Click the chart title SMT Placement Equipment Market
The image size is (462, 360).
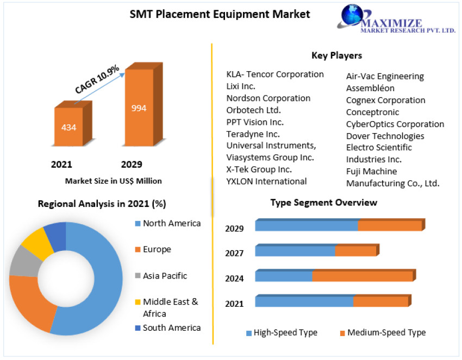[220, 14]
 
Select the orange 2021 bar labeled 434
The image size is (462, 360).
[68, 127]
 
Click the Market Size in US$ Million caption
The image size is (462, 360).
[113, 181]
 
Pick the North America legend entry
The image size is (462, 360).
[171, 223]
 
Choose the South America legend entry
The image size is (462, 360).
[171, 327]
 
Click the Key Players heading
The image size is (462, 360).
[336, 55]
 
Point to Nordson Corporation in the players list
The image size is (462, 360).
[269, 98]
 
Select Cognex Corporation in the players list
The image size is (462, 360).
[386, 100]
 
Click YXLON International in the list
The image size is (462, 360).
[266, 181]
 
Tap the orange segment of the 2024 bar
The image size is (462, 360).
[362, 276]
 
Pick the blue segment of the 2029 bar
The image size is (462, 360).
[306, 225]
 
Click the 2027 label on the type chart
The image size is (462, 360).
[234, 253]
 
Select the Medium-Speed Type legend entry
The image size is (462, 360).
[386, 332]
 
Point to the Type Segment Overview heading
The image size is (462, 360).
[323, 203]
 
